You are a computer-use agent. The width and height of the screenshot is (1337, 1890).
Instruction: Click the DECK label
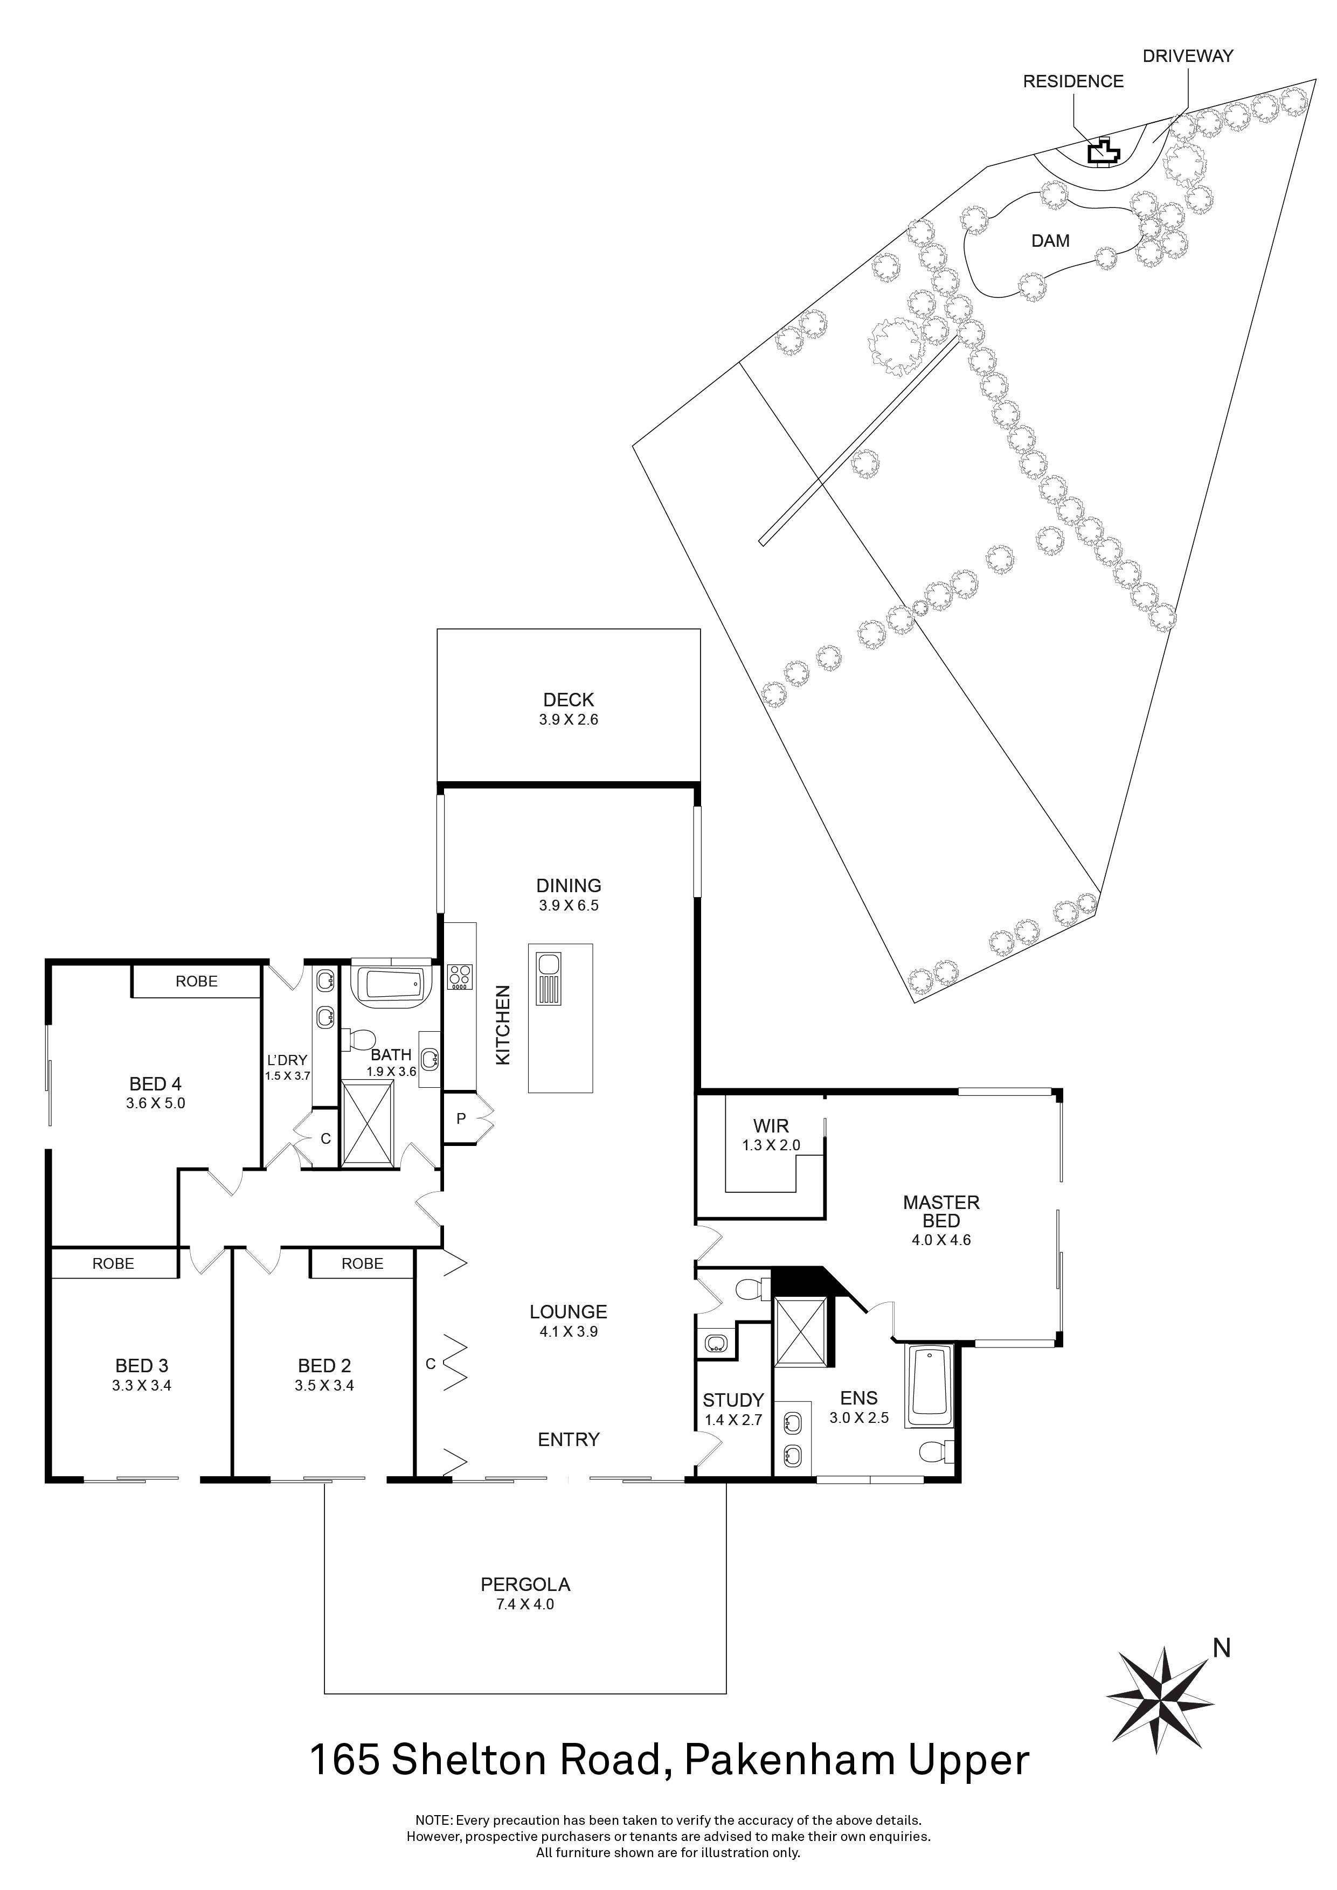tap(568, 700)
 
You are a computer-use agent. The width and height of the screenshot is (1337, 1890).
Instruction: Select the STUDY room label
tap(733, 1400)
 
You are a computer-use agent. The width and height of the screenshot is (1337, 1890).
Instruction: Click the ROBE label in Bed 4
tap(197, 981)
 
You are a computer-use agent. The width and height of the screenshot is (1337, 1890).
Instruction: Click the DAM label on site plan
tap(1050, 241)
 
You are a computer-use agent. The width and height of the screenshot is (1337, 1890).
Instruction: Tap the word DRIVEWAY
tap(1187, 56)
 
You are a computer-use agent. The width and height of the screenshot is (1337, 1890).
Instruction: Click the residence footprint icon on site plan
tap(1103, 152)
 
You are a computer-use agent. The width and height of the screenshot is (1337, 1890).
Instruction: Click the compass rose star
tap(1161, 1701)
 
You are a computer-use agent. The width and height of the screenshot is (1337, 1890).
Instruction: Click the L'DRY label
tap(287, 1060)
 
